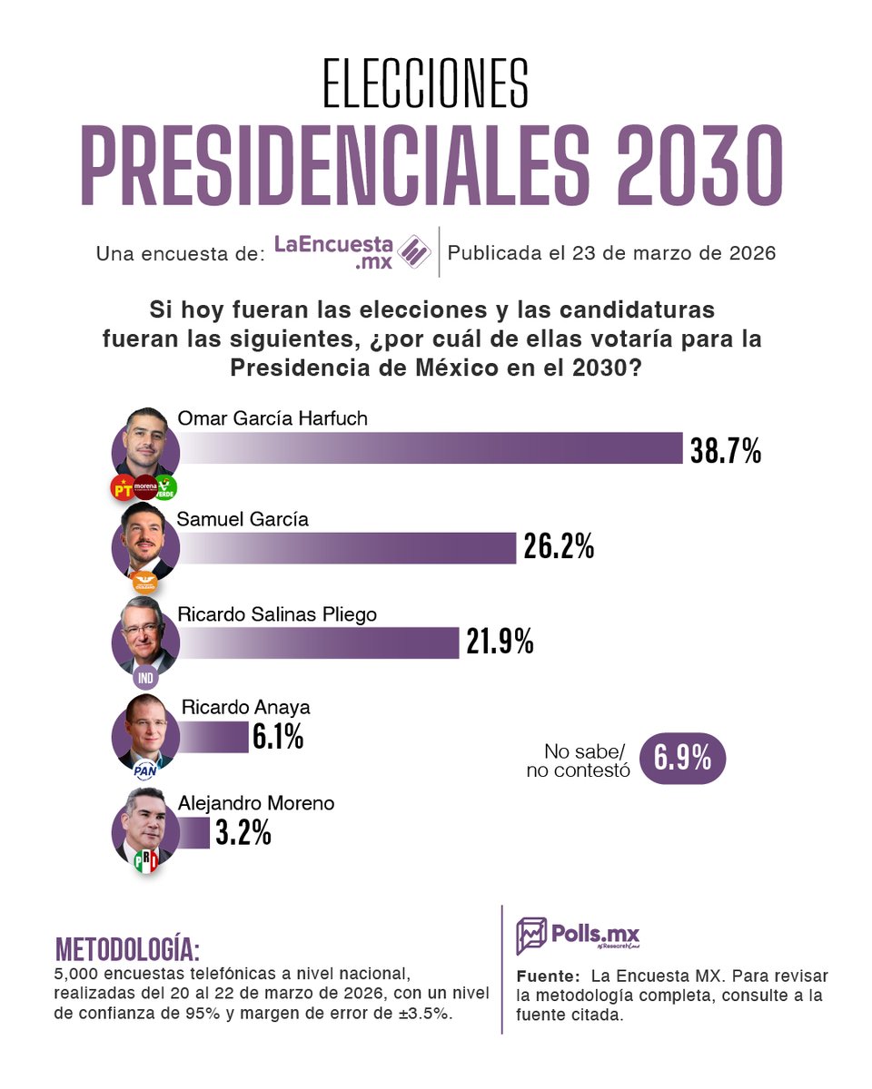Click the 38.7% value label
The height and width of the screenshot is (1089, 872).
point(725,450)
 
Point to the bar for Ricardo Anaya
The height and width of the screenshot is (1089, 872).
point(213,736)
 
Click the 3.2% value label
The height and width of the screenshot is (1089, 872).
point(243,833)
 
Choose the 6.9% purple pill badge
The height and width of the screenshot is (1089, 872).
point(683,760)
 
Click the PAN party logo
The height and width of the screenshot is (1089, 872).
point(145,770)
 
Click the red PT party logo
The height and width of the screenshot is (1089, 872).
point(122,488)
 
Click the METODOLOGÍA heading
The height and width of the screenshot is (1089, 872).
point(127,949)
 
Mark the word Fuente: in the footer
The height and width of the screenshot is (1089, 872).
point(548,977)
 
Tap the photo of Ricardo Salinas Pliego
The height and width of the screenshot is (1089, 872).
point(145,634)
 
